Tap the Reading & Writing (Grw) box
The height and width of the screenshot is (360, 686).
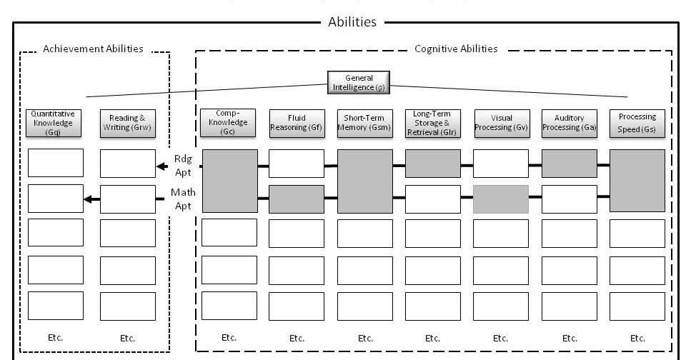(x=127, y=122)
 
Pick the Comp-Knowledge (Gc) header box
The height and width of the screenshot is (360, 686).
(x=229, y=122)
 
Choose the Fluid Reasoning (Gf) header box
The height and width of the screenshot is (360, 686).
(x=297, y=122)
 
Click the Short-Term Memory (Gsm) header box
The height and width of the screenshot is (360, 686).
(x=365, y=122)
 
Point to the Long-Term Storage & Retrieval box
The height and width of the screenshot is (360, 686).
(x=432, y=122)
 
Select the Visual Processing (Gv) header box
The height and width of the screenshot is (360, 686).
(x=501, y=122)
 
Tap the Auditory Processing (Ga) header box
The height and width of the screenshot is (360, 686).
(x=570, y=122)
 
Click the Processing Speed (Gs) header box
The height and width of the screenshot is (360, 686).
(x=637, y=122)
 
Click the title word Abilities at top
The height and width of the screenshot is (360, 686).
(x=352, y=22)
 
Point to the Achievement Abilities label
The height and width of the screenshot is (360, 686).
(x=93, y=49)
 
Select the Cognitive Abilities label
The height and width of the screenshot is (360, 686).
(x=456, y=49)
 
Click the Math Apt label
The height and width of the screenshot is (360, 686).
(x=183, y=199)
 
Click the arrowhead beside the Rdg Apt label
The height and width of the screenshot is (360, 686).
(x=161, y=166)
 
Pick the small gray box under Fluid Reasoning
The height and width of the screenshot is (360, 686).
(x=297, y=199)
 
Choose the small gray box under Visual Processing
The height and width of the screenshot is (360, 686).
(x=501, y=199)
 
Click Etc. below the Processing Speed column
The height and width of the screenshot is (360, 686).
(x=637, y=338)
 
